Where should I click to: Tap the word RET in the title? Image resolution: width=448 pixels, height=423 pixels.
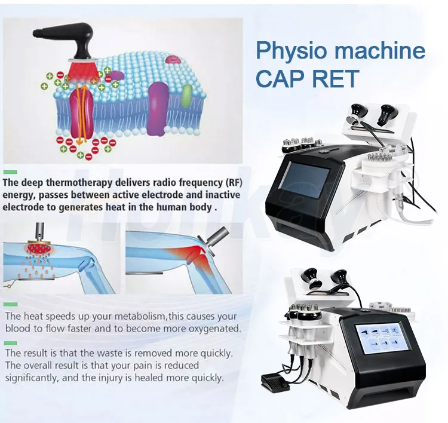[335, 79]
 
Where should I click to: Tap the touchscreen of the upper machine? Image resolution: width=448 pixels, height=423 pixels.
[306, 183]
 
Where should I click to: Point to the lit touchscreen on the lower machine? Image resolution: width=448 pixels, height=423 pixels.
[378, 341]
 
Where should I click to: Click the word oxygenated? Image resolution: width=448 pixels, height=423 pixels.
[208, 329]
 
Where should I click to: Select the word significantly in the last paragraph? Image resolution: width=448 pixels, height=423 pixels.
[36, 378]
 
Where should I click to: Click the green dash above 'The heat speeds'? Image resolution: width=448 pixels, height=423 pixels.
[10, 304]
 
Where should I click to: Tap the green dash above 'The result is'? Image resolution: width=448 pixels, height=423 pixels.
[10, 343]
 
